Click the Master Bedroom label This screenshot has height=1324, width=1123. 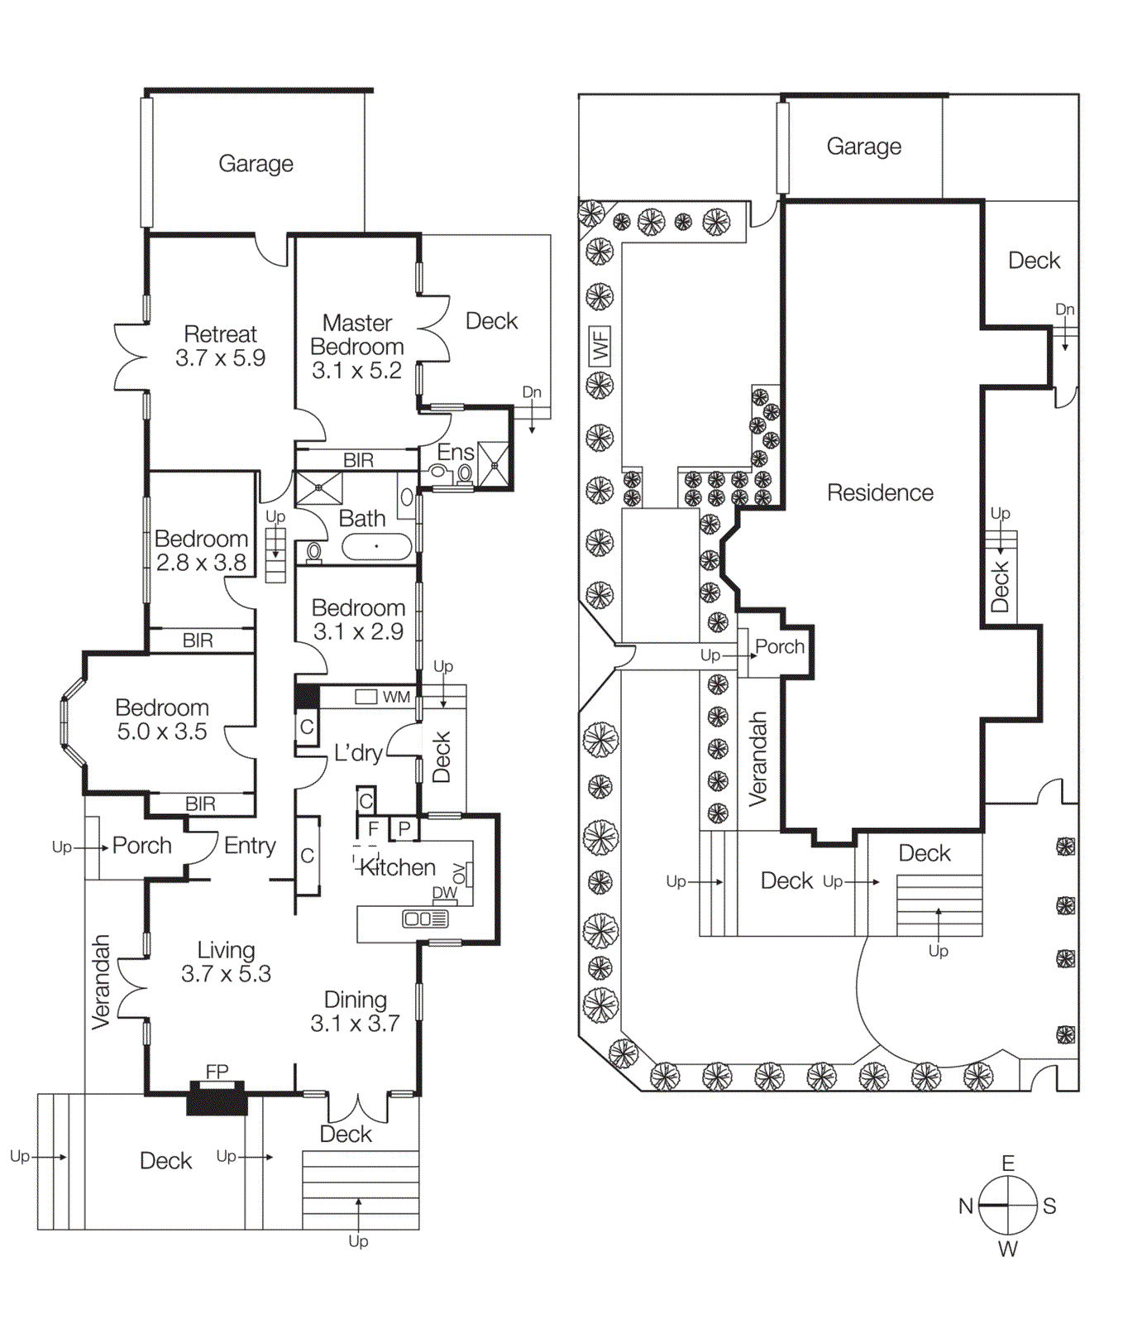pos(357,346)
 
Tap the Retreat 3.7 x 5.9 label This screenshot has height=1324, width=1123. pos(220,346)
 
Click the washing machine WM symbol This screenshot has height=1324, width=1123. pos(366,697)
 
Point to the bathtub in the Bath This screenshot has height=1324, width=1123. pos(376,546)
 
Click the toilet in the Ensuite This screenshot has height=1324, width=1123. pos(437,473)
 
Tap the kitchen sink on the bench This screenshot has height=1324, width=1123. pos(424,919)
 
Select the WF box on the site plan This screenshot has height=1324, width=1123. pos(600,345)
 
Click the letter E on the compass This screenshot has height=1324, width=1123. pos(1007,1163)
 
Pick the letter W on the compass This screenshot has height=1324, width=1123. pos(1007,1249)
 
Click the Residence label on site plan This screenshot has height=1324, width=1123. pos(880,492)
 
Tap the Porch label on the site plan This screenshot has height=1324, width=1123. pos(779,646)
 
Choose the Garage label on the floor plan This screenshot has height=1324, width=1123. pos(256,163)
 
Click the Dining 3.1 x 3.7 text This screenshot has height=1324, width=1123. pos(355,1011)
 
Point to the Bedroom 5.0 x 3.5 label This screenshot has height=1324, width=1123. pos(162,719)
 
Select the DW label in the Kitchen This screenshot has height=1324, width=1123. pos(444,893)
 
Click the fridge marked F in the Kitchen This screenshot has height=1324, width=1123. pos(373,828)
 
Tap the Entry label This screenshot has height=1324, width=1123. pos(250,845)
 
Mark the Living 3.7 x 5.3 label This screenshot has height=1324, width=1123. pos(226,962)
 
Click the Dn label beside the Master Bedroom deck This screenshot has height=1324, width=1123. pos(532,391)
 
